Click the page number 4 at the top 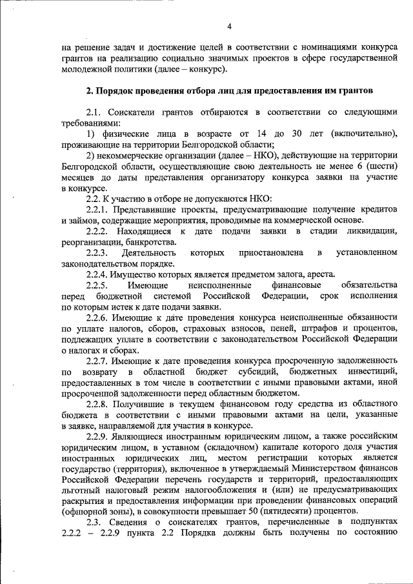[x=230, y=26]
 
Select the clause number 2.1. [x=94, y=112]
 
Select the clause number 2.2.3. [x=99, y=253]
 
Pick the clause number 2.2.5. [x=99, y=285]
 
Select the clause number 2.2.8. [x=99, y=404]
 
